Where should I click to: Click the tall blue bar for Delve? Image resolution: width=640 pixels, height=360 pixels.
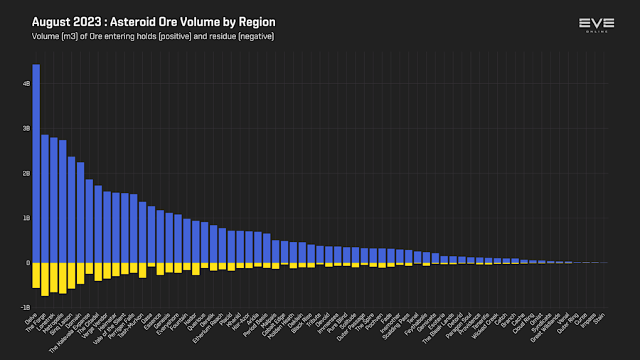click(36, 164)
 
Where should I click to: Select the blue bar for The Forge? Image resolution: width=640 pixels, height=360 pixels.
click(45, 199)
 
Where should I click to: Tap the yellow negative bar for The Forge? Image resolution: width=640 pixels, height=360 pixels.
click(45, 279)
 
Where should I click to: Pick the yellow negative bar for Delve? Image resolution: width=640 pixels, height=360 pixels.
click(36, 275)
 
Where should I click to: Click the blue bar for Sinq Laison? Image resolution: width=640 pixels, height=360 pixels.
click(71, 210)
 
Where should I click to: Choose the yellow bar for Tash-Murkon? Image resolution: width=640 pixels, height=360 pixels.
click(142, 270)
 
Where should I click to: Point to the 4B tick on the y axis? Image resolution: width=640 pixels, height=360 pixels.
click(26, 84)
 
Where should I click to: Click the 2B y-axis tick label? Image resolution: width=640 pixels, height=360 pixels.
click(26, 174)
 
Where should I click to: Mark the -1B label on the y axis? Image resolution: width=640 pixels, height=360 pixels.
click(26, 308)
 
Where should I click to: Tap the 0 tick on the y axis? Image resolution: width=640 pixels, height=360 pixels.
click(28, 263)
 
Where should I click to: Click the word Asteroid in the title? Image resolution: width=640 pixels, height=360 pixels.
click(132, 23)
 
